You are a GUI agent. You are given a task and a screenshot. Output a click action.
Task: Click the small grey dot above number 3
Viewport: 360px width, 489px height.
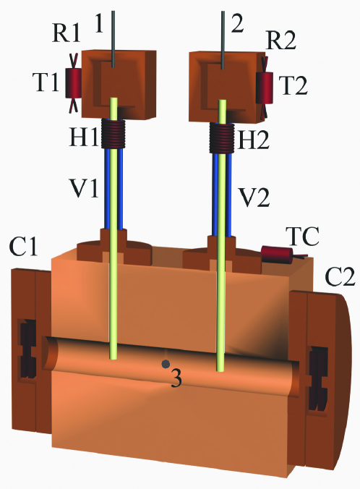(166, 362)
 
